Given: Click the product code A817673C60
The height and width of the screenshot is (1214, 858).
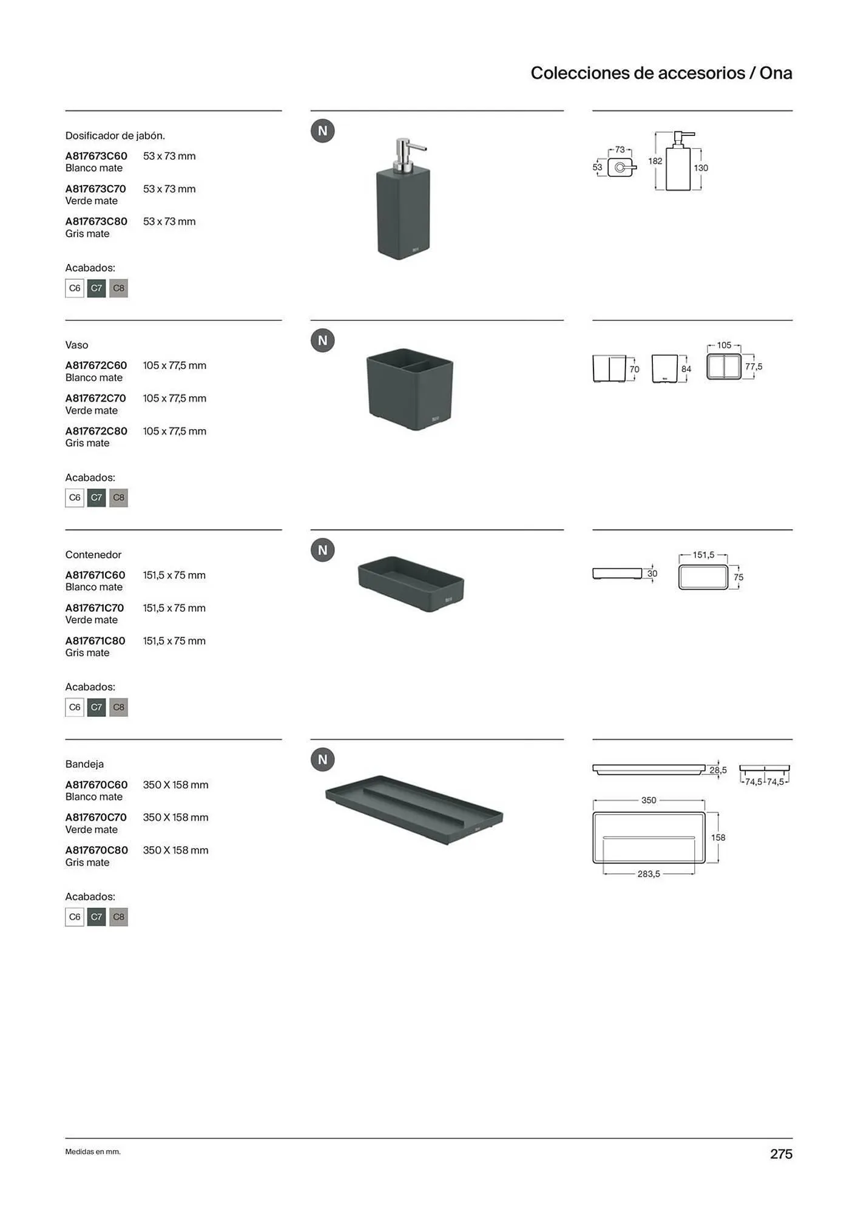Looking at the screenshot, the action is (96, 156).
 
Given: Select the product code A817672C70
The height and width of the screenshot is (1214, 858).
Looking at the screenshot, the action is (96, 398).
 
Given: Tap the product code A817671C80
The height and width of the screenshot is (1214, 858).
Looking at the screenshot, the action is (95, 640).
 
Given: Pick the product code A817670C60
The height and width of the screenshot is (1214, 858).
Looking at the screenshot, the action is (96, 785).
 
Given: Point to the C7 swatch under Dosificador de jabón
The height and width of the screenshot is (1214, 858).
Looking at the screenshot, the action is (96, 288).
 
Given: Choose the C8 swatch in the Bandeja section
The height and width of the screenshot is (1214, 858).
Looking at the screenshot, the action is (118, 917).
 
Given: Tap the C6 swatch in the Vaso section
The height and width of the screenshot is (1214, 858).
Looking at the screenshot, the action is (75, 498).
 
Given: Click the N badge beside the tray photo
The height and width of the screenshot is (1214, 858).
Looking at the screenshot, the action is (323, 759).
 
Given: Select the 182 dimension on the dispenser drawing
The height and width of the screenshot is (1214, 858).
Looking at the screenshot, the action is (655, 161).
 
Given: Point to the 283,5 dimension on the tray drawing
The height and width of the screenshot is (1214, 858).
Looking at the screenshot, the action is (649, 874).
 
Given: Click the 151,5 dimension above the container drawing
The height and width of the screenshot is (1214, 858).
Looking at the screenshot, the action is (704, 555).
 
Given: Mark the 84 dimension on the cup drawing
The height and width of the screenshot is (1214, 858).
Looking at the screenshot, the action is (686, 369).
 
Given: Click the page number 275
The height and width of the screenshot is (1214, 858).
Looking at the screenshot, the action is (782, 1154).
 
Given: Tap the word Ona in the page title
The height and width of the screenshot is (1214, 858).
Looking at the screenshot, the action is (776, 73).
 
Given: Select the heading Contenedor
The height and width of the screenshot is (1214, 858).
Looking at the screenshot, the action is (93, 555).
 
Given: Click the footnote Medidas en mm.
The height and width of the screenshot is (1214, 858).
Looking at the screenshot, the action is (93, 1151).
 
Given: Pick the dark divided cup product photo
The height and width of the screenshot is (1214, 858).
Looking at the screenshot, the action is (410, 389).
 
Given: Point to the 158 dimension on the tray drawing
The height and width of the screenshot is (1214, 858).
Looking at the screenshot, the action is (718, 838).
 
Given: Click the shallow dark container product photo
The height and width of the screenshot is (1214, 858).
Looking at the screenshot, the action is (411, 584).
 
